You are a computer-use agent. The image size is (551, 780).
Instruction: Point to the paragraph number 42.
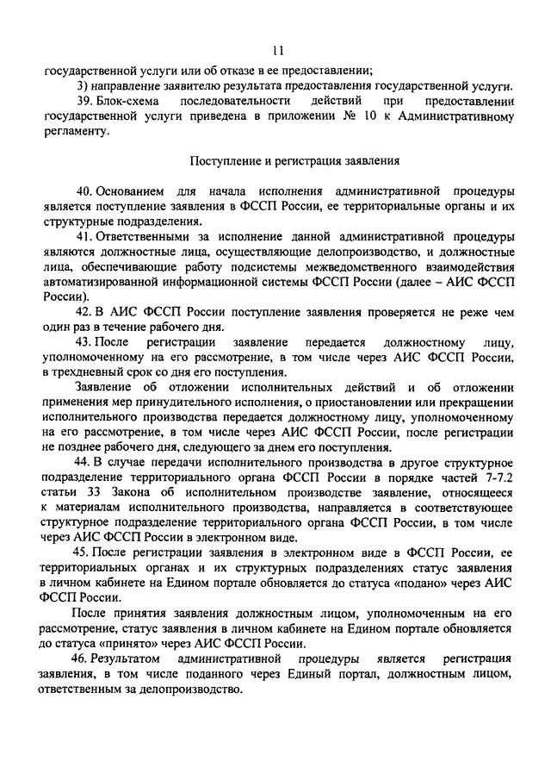pyautogui.click(x=84, y=311)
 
